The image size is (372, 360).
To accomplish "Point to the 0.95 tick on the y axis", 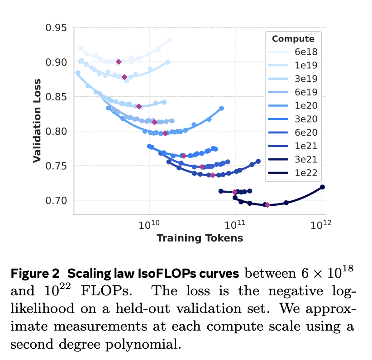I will pos(57,28).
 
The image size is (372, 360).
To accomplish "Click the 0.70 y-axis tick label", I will pos(57,200).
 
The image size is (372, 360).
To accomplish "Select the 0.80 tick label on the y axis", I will pos(57,131).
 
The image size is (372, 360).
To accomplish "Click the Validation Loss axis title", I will pos(37,121).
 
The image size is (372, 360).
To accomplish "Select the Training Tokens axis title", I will pos(200,238).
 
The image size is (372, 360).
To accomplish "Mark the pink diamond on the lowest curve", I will pos(267,205).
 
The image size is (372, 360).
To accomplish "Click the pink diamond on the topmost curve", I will pos(119,62).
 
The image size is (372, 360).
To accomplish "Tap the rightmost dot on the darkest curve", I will pos(322,187).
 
